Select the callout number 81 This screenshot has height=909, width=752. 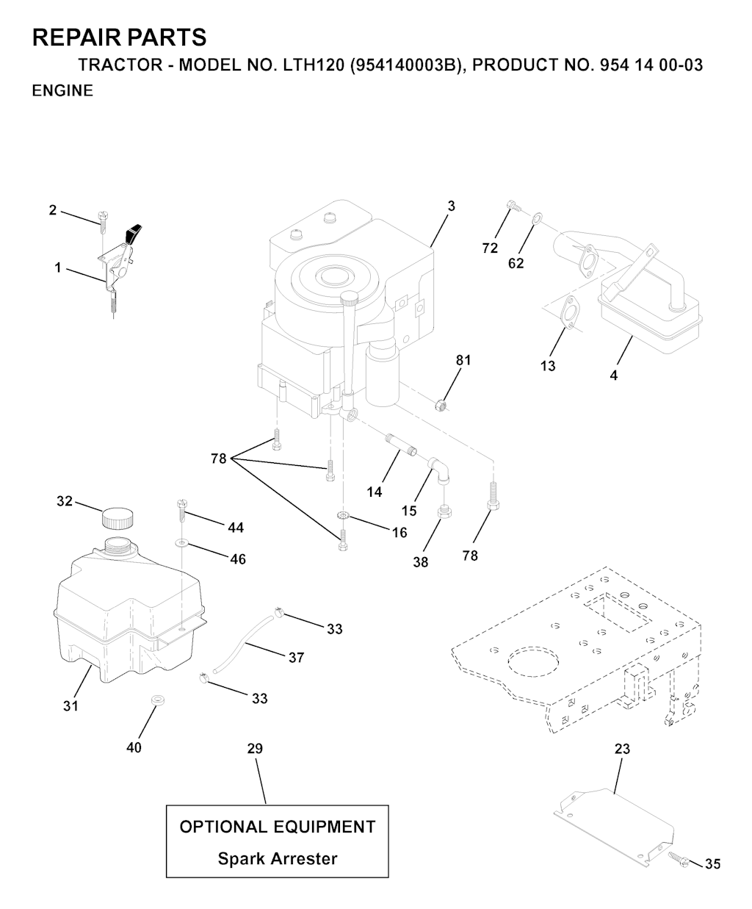[463, 361]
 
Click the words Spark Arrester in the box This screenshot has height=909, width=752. [278, 858]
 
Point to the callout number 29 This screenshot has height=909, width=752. [255, 749]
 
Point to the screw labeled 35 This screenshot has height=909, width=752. [679, 858]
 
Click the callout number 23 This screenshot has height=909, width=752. [622, 750]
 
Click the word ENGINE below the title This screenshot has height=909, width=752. [62, 91]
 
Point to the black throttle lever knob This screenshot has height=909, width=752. [134, 232]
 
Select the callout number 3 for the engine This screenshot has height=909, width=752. [451, 206]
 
